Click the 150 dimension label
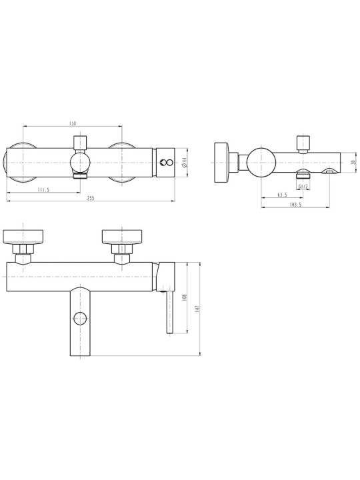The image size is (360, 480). point(72,123)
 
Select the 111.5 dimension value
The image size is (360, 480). point(43,190)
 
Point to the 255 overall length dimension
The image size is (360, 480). point(91,198)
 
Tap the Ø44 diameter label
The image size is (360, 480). point(184,162)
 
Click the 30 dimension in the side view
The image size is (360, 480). point(353,163)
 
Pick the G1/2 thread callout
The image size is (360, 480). point(303,187)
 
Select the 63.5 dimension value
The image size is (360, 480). point(282,195)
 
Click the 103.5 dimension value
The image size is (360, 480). point(295,205)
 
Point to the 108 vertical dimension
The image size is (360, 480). point(184,297)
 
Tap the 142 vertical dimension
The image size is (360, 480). point(197,309)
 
